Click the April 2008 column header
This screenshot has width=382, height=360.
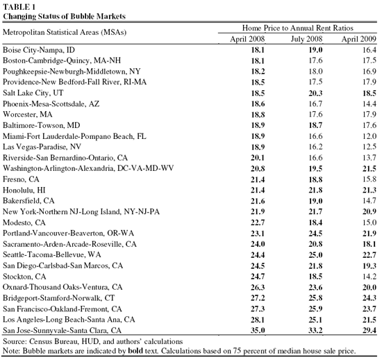tap(247, 39)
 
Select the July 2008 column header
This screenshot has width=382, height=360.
tap(306, 39)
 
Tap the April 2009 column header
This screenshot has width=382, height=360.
tap(359, 39)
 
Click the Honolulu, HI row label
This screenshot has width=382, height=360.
tap(24, 190)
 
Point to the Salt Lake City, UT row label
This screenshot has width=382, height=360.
tap(33, 93)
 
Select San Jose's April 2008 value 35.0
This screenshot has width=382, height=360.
tap(258, 331)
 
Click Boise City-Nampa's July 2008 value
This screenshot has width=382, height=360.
tap(316, 50)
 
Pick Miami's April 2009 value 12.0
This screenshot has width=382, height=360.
tap(369, 136)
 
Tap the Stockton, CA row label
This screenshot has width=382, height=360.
tap(24, 277)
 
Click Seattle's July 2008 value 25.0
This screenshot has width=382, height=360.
tap(316, 255)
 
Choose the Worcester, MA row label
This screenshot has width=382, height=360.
tap(28, 115)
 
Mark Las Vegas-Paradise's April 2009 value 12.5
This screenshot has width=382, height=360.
tap(369, 147)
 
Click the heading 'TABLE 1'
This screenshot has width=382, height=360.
tap(19, 7)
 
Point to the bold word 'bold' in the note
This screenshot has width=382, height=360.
tap(135, 351)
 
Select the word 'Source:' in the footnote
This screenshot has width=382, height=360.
tap(15, 341)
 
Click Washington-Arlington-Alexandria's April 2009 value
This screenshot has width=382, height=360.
tap(369, 169)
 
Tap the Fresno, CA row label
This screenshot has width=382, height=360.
tap(21, 179)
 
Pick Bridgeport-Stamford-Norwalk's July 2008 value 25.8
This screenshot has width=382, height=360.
tap(316, 298)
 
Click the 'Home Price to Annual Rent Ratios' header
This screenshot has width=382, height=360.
tap(297, 28)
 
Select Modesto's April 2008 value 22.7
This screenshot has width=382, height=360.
tap(258, 222)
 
